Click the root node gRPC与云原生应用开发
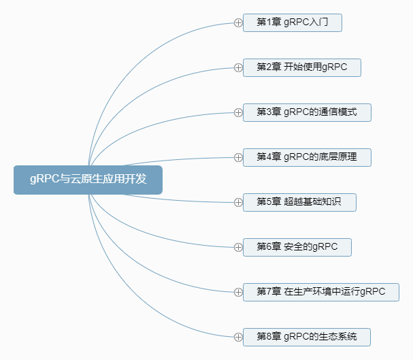tap(88, 180)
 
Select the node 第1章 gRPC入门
tap(292, 22)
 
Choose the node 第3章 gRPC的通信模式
tap(307, 112)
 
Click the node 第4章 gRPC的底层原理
tap(307, 157)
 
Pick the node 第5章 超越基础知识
tap(299, 202)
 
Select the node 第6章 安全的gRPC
tap(297, 247)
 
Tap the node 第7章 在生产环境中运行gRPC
tap(320, 292)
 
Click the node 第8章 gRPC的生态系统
tap(307, 337)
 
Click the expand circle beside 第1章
tap(238, 22)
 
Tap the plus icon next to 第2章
tap(238, 67)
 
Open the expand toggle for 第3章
tap(238, 112)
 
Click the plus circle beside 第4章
tap(238, 157)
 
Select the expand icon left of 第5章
tap(238, 202)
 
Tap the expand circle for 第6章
tap(238, 247)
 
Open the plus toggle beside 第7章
tap(238, 292)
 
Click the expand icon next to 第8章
tap(238, 337)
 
